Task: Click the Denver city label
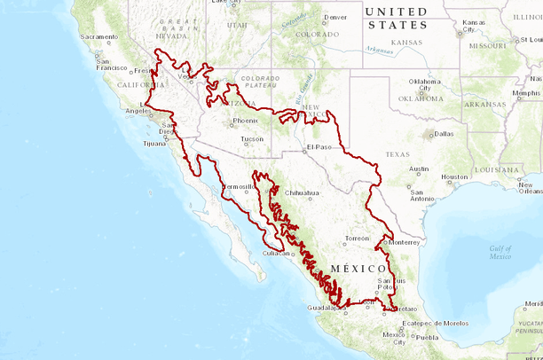click(x=335, y=17)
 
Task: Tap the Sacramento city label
click(x=98, y=36)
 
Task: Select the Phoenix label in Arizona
click(x=245, y=121)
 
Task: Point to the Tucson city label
click(x=252, y=139)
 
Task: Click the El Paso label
click(x=319, y=146)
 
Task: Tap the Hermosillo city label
click(x=238, y=187)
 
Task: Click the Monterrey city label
click(x=404, y=242)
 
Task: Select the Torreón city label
click(x=357, y=239)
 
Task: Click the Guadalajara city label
click(x=325, y=308)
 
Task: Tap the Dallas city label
click(x=444, y=134)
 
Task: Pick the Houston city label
click(x=454, y=176)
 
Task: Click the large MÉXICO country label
click(x=358, y=268)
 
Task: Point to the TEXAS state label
click(x=397, y=154)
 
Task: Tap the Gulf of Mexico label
click(x=500, y=253)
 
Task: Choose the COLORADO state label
click(x=318, y=35)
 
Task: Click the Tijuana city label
click(x=153, y=143)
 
